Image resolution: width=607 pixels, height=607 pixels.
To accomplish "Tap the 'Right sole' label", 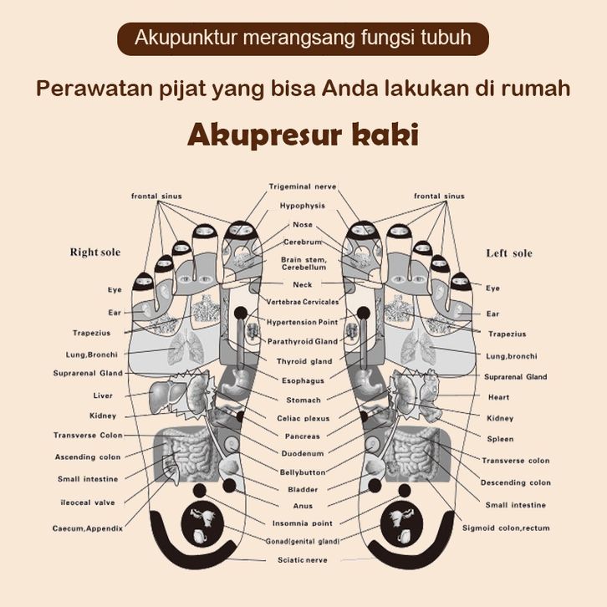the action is (95, 252).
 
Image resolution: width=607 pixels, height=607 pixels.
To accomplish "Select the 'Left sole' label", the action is (509, 252).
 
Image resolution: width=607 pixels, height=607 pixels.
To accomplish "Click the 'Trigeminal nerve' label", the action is (303, 186).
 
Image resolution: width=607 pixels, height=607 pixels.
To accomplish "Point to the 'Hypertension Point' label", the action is (303, 322).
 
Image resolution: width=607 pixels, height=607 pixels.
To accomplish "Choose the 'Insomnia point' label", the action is (303, 523).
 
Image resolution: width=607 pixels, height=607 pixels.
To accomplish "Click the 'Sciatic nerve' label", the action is (303, 559).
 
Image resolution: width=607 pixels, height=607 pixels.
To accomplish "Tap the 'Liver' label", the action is (103, 395).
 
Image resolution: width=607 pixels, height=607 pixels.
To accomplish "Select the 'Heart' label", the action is (499, 397).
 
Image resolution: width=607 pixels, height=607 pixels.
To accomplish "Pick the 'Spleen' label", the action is (501, 439).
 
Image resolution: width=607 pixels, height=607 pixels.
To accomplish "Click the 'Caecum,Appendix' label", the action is (88, 528).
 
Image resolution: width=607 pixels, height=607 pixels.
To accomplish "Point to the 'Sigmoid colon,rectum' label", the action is (506, 528).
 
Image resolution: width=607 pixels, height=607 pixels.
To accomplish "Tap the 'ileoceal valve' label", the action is (86, 502).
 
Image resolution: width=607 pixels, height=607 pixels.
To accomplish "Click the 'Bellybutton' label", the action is (303, 472).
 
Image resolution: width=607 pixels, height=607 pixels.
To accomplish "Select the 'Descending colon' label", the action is (515, 482).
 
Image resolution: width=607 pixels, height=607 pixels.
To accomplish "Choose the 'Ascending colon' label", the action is (88, 457).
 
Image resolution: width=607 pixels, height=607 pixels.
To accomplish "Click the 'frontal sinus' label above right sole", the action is (156, 196).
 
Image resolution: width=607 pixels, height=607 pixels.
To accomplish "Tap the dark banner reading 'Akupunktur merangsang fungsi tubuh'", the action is (303, 38).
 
